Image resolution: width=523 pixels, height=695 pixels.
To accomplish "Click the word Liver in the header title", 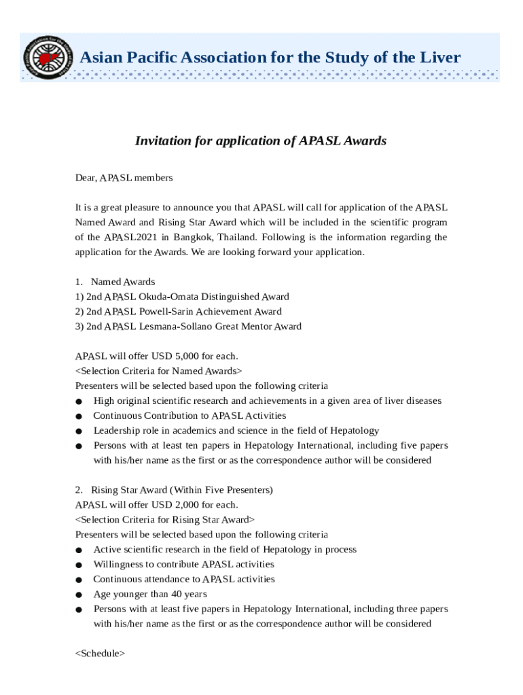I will pos(438,58).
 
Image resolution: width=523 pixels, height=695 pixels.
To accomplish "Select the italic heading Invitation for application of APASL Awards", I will pos(261,140).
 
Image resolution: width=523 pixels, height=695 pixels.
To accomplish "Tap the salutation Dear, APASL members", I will pos(124,178).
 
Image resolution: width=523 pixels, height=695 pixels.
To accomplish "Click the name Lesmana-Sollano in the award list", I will pos(177,326).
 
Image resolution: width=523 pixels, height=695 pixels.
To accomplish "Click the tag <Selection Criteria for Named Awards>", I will pos(158,371).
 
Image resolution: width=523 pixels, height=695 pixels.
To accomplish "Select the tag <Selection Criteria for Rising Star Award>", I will pos(165,519).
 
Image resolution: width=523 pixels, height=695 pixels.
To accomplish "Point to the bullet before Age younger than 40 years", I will pos(79,595).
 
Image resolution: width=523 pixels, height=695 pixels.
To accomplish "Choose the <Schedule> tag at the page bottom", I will pos(100,654).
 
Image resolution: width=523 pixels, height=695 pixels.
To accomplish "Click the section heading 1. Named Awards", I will pos(115,282).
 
